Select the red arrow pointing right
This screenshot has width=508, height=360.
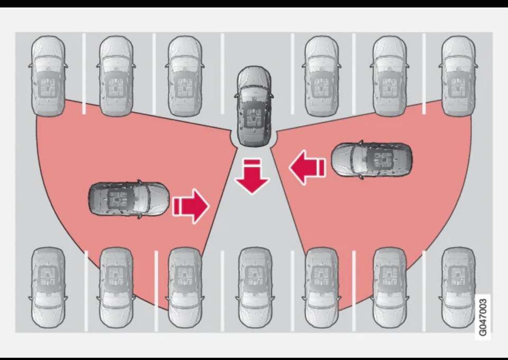(191, 206)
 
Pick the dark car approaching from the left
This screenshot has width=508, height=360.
(129, 199)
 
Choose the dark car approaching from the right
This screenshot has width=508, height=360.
(372, 159)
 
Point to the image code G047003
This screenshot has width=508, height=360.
(483, 317)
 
